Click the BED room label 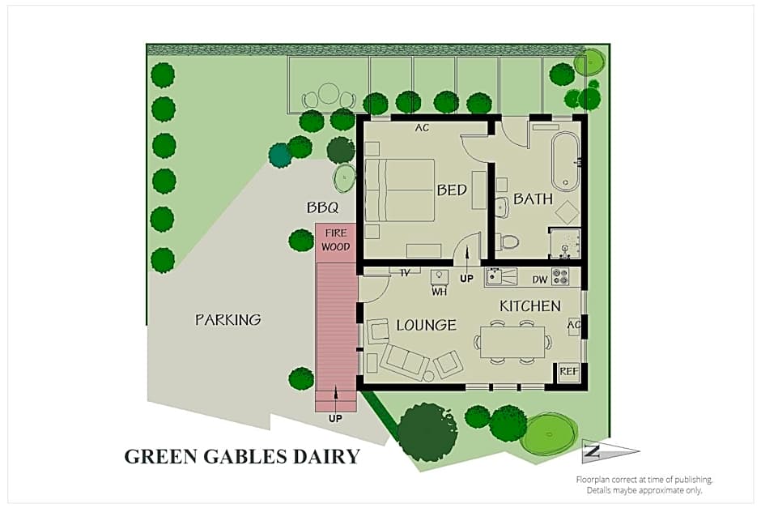tap(452, 190)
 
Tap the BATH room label tap(534, 199)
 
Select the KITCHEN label tap(530, 306)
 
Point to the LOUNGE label tap(426, 326)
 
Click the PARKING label tap(228, 320)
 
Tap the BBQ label tap(322, 208)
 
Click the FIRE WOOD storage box tap(335, 241)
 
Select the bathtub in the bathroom tap(564, 159)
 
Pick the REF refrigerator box tap(569, 372)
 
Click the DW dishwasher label tap(540, 280)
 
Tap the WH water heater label tap(439, 291)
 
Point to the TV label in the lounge tap(405, 273)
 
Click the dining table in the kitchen tap(513, 341)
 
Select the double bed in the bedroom tap(400, 190)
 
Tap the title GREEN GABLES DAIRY tap(242, 456)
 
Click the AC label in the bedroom tap(422, 128)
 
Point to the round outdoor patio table tap(328, 94)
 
